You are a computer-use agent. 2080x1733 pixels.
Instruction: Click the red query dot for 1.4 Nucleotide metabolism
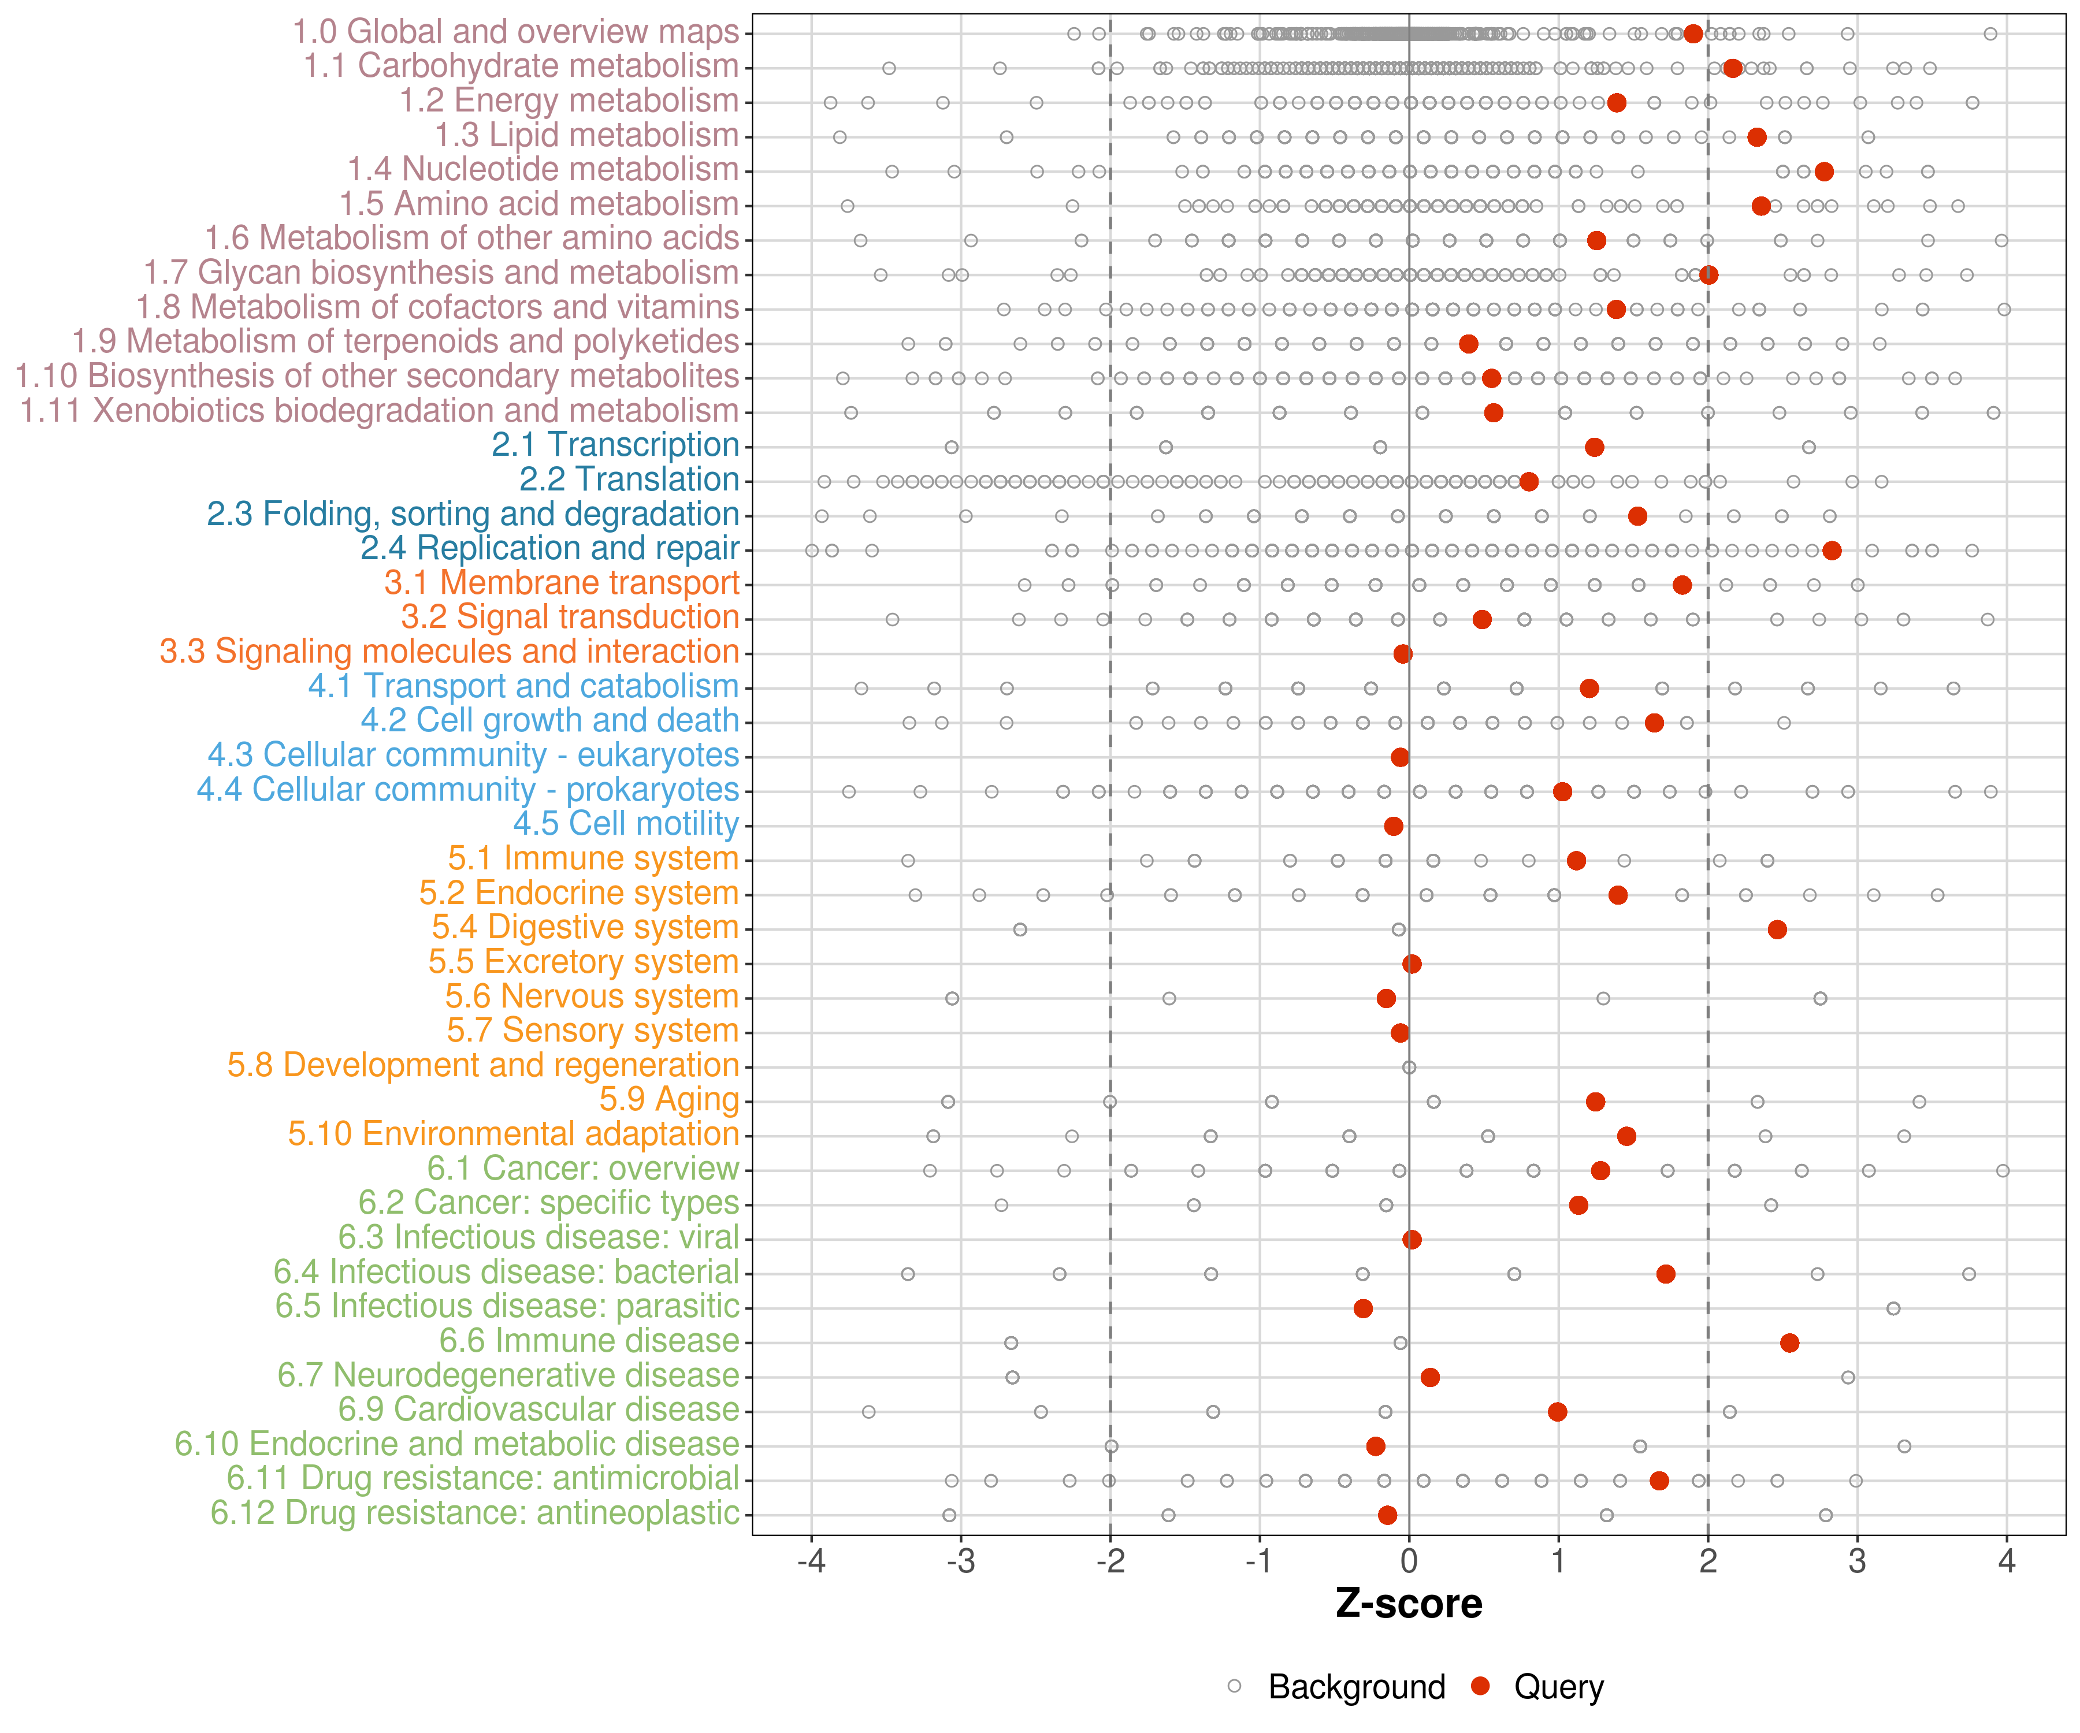pos(1823,172)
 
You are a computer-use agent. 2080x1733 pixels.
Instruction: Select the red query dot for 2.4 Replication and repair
pos(1832,551)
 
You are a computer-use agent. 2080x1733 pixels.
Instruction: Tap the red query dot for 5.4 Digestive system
pos(1777,929)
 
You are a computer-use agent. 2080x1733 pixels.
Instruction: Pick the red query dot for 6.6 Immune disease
pos(1789,1343)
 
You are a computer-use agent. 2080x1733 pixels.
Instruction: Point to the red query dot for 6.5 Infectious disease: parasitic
pos(1363,1308)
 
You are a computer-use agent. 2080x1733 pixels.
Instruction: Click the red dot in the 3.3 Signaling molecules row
pos(1402,653)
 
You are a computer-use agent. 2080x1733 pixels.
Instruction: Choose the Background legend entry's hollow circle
pos(1234,1686)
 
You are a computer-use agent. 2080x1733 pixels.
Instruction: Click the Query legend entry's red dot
pos(1480,1686)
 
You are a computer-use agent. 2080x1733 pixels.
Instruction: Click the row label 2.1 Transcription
pos(615,445)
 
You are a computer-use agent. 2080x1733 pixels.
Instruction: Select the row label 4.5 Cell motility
pos(626,824)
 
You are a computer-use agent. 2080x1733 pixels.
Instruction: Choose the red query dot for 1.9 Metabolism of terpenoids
pos(1468,344)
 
